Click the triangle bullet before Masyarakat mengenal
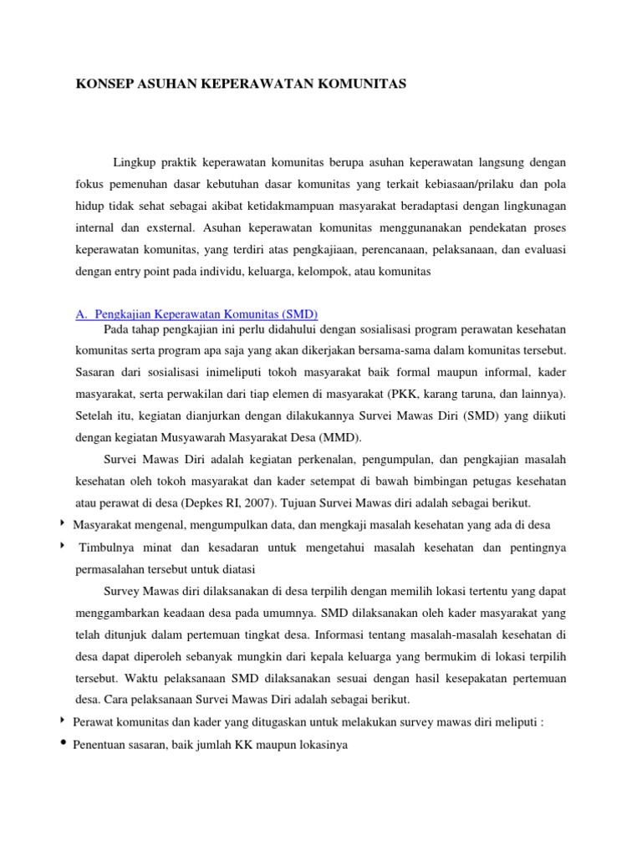63,524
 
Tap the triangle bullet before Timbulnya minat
63,547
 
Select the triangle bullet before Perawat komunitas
63,721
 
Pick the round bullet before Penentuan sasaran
64,743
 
